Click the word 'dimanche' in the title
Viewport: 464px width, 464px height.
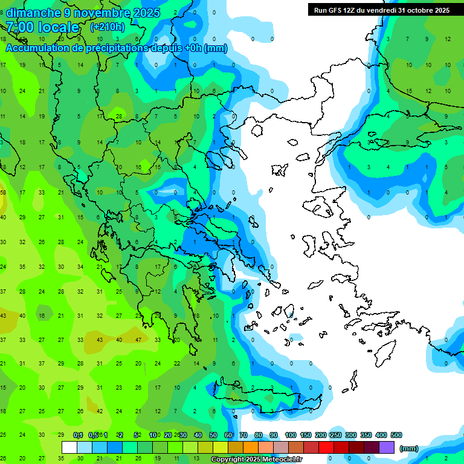pyautogui.click(x=34, y=13)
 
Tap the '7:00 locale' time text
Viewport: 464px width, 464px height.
pyautogui.click(x=42, y=27)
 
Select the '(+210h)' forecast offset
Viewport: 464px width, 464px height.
pyautogui.click(x=107, y=27)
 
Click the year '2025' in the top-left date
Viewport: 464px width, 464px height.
pyautogui.click(x=146, y=13)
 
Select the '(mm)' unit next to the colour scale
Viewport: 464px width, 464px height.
pyautogui.click(x=409, y=448)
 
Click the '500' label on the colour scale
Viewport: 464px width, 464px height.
pyautogui.click(x=396, y=435)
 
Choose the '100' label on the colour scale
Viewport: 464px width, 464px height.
pyautogui.click(x=291, y=435)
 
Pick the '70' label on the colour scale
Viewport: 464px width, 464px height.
pyautogui.click(x=243, y=435)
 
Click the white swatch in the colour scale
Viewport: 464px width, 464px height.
pyautogui.click(x=69, y=447)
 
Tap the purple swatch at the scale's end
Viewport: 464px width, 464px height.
pyautogui.click(x=387, y=447)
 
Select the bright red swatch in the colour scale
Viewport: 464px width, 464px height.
pyautogui.click(x=326, y=447)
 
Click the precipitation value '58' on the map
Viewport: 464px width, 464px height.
pyautogui.click(x=3, y=193)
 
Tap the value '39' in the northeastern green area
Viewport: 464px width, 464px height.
pyautogui.click(x=370, y=142)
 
